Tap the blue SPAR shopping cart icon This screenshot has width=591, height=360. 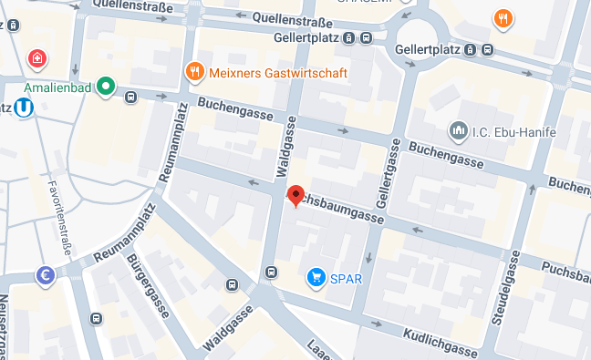click(x=316, y=275)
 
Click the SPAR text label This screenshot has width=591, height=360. click(x=346, y=276)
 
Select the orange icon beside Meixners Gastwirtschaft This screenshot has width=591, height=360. click(x=193, y=70)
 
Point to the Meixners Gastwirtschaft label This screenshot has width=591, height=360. click(x=265, y=70)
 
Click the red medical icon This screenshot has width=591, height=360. click(x=37, y=60)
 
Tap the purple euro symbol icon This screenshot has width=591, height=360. click(x=45, y=274)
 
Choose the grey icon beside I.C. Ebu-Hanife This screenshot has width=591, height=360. click(x=457, y=131)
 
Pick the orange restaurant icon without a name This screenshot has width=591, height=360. click(x=502, y=18)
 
